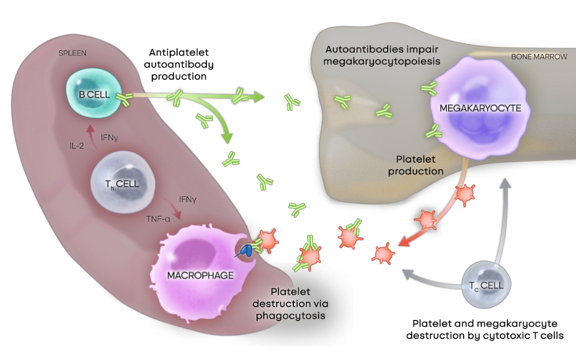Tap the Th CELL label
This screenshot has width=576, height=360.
(122, 184)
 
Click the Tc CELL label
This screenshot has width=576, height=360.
(486, 285)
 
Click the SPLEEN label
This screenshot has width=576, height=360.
(73, 53)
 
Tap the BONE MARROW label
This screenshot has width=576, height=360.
(539, 56)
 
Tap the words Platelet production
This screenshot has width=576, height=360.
(416, 165)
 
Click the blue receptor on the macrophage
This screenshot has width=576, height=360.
(247, 249)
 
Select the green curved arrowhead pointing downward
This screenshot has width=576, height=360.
(228, 138)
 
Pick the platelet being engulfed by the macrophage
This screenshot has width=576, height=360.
(268, 241)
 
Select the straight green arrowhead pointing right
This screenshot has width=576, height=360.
(259, 97)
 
